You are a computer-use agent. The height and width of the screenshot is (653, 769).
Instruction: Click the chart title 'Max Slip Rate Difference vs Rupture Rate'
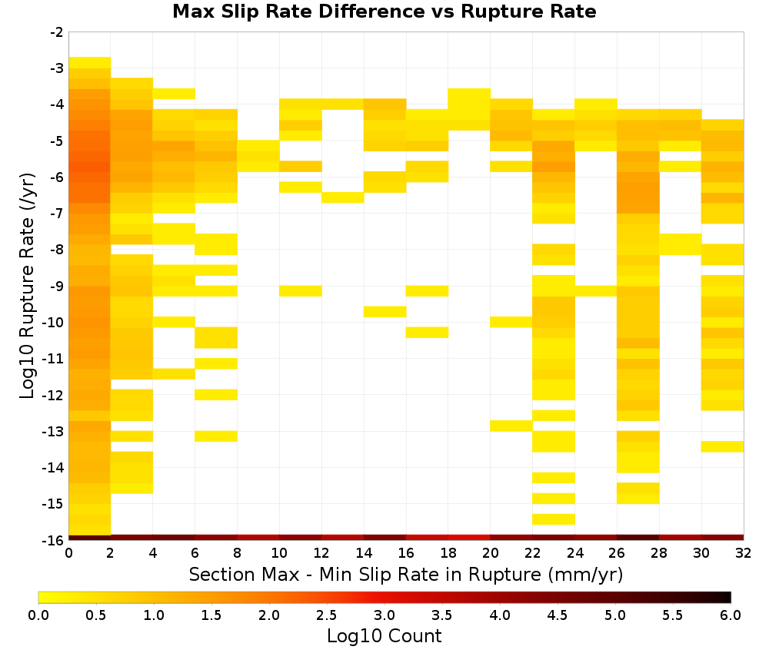[x=384, y=12]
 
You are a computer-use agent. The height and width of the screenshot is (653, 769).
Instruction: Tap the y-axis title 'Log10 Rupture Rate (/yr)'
[x=27, y=286]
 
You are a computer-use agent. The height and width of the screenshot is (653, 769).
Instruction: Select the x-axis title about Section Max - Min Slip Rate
[x=406, y=574]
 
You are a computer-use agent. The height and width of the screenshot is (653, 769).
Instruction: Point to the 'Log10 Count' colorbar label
[x=384, y=636]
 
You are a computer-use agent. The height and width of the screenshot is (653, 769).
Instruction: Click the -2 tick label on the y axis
[x=56, y=32]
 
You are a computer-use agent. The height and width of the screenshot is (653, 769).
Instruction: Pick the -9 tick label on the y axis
[x=56, y=286]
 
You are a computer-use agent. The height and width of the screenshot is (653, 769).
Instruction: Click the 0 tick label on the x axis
[x=68, y=553]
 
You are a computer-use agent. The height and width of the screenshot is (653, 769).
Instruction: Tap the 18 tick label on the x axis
[x=448, y=553]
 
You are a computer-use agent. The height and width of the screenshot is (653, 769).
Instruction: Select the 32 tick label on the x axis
[x=744, y=553]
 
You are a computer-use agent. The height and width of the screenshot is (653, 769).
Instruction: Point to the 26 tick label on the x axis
[x=617, y=553]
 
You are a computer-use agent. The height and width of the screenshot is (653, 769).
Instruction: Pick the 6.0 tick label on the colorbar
[x=731, y=615]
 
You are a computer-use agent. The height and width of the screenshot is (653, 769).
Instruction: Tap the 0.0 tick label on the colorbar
[x=38, y=615]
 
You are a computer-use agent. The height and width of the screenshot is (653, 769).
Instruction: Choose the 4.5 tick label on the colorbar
[x=557, y=615]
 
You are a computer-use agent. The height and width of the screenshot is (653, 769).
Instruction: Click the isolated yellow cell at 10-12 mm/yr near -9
[x=301, y=291]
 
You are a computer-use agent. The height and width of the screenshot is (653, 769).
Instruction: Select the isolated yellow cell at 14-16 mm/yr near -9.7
[x=385, y=312]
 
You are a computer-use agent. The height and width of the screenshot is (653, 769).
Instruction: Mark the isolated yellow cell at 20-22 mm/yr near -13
[x=511, y=426]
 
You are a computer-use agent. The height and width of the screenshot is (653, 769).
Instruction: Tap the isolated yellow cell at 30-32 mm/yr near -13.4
[x=722, y=447]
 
